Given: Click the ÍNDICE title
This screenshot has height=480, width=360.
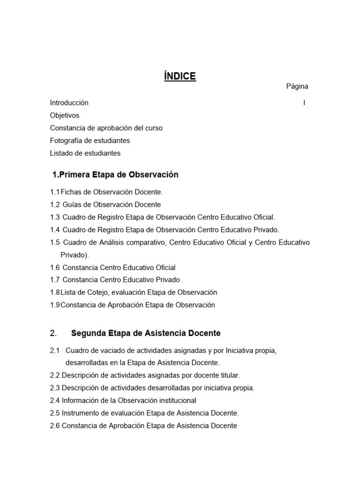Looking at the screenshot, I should tap(180, 76).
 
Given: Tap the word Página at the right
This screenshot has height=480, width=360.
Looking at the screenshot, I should tap(297, 87).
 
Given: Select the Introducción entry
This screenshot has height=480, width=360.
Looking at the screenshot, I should tap(69, 103).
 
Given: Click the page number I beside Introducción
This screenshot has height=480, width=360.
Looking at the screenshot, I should tap(304, 103).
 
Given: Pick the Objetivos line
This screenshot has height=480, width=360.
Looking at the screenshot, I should tap(65, 115).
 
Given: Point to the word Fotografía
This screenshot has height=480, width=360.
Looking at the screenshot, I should tap(66, 141).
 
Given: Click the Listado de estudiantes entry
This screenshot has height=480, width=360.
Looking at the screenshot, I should tap(85, 153).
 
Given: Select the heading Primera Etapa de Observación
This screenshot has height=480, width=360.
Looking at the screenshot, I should tap(118, 175).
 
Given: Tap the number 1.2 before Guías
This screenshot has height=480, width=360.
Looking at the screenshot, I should tap(55, 205).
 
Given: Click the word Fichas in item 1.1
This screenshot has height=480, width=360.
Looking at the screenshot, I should tap(70, 192).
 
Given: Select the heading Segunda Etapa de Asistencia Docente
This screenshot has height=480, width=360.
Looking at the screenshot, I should tap(146, 334).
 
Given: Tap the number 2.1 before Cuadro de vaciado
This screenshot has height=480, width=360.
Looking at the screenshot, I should tap(55, 351).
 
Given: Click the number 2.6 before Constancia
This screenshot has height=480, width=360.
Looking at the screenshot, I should tap(55, 426).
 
